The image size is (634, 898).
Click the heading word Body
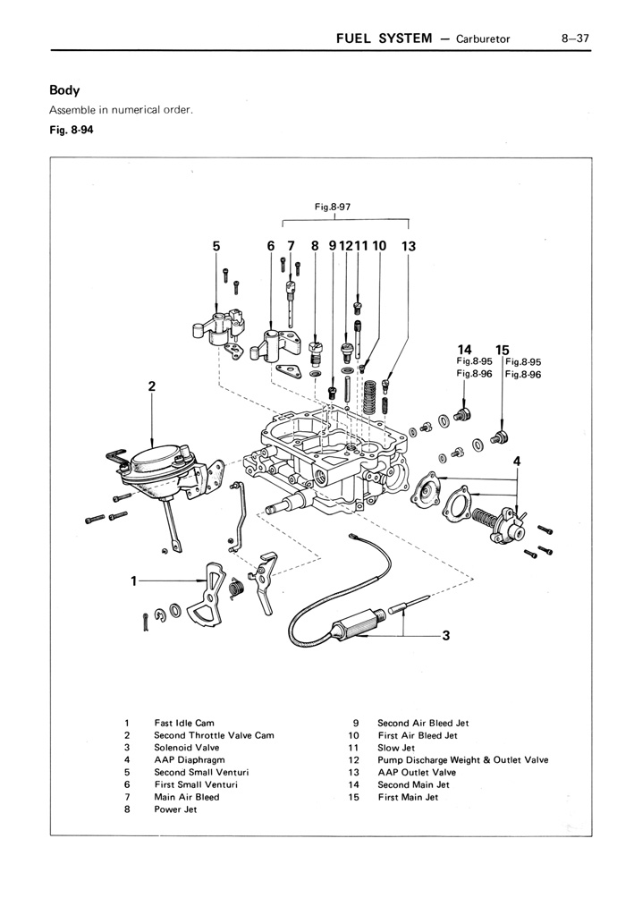[64, 90]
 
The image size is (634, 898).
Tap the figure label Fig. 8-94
[71, 130]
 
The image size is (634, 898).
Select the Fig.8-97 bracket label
[332, 207]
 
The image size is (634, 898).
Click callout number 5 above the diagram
[216, 245]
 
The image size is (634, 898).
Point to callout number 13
[409, 245]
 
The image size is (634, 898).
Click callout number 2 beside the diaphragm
[152, 386]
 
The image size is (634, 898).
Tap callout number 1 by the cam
[133, 580]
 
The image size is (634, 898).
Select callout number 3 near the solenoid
[444, 636]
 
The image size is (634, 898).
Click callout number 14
[464, 350]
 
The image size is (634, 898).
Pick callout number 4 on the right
[517, 461]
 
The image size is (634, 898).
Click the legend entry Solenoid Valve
[186, 747]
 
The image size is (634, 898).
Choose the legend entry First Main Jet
[408, 797]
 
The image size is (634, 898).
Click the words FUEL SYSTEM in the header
[383, 38]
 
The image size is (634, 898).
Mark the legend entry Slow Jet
[396, 747]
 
